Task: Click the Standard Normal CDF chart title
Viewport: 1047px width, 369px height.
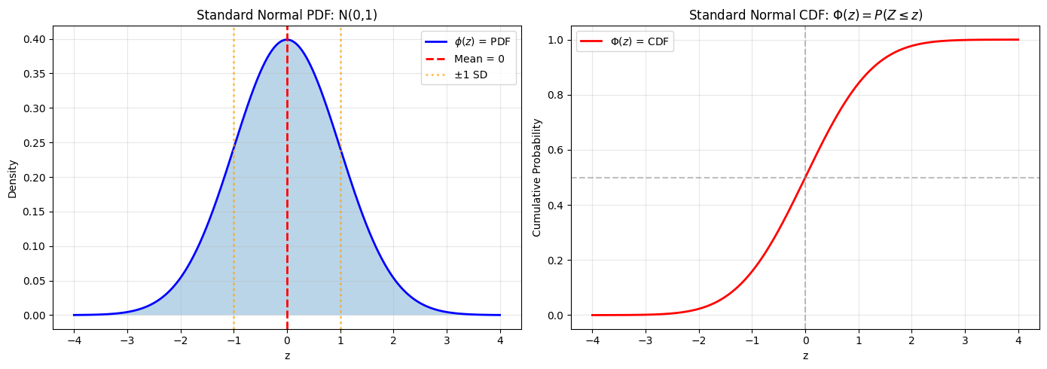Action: pyautogui.click(x=805, y=15)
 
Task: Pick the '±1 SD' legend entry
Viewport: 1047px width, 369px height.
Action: pyautogui.click(x=471, y=75)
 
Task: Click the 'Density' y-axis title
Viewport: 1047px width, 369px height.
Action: pyautogui.click(x=12, y=178)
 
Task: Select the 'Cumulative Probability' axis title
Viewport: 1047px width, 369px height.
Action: pyautogui.click(x=537, y=178)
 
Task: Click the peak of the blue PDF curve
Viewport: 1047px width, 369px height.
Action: pyautogui.click(x=287, y=39)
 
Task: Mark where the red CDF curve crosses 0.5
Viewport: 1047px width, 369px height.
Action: pyautogui.click(x=805, y=178)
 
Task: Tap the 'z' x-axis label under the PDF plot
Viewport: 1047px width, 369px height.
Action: pyautogui.click(x=287, y=355)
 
